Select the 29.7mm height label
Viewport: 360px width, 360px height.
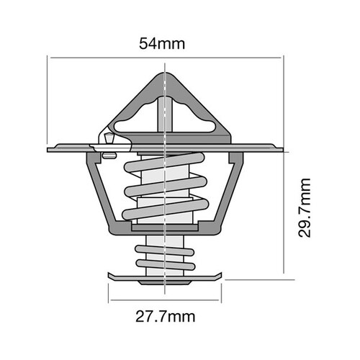305,209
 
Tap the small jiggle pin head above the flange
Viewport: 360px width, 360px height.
107,136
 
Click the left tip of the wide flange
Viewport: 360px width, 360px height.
49,149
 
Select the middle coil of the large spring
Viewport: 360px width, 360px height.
165,191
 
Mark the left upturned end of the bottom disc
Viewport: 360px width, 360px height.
112,276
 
